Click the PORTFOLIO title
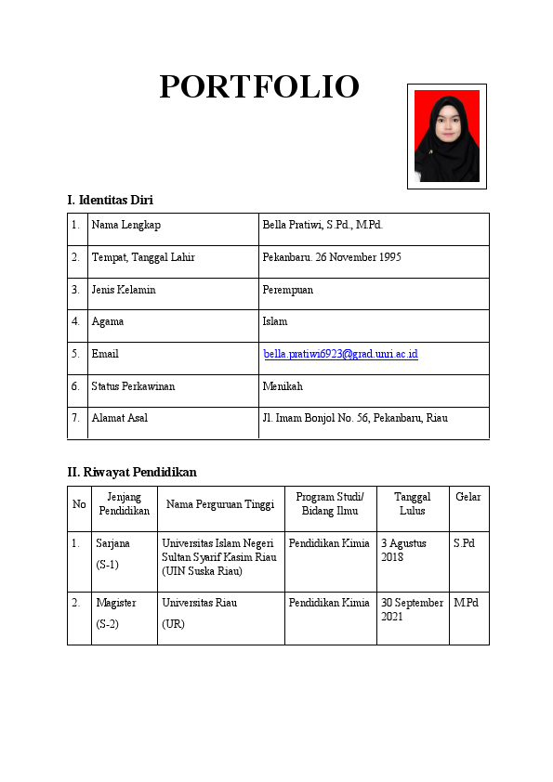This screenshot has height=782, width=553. pos(258,86)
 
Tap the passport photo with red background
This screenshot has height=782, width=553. pos(446,136)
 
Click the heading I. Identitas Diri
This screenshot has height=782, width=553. pos(110,200)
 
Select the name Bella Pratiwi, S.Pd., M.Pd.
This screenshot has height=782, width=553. pos(323,225)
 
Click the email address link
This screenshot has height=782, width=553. pos(340,354)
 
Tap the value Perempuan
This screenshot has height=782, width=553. pos(288,290)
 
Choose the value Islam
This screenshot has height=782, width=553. pos(275,321)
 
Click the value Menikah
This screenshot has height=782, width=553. pos(283,386)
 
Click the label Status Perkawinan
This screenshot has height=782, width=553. pos(133,386)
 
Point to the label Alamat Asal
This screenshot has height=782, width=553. pos(119,418)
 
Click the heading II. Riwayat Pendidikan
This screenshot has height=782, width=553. pos(131,472)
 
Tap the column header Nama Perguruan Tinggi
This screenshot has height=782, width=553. pos(220,504)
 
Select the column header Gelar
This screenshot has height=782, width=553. pos(468,498)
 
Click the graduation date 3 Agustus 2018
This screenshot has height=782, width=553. pos(403,550)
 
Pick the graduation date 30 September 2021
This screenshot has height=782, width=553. pos(412,609)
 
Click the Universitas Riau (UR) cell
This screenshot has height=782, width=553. pos(199,613)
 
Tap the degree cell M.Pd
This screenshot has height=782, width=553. pos(466,603)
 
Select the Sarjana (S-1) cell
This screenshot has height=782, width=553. pos(112,553)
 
